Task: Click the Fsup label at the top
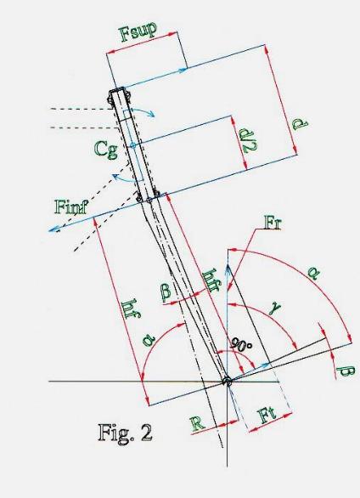click(138, 31)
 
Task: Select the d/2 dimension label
click(249, 140)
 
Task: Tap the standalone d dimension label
click(300, 124)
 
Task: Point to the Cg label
click(106, 149)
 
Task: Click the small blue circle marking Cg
click(133, 145)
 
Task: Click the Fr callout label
click(273, 224)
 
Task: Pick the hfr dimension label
click(211, 280)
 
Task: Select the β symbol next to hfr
click(166, 291)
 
